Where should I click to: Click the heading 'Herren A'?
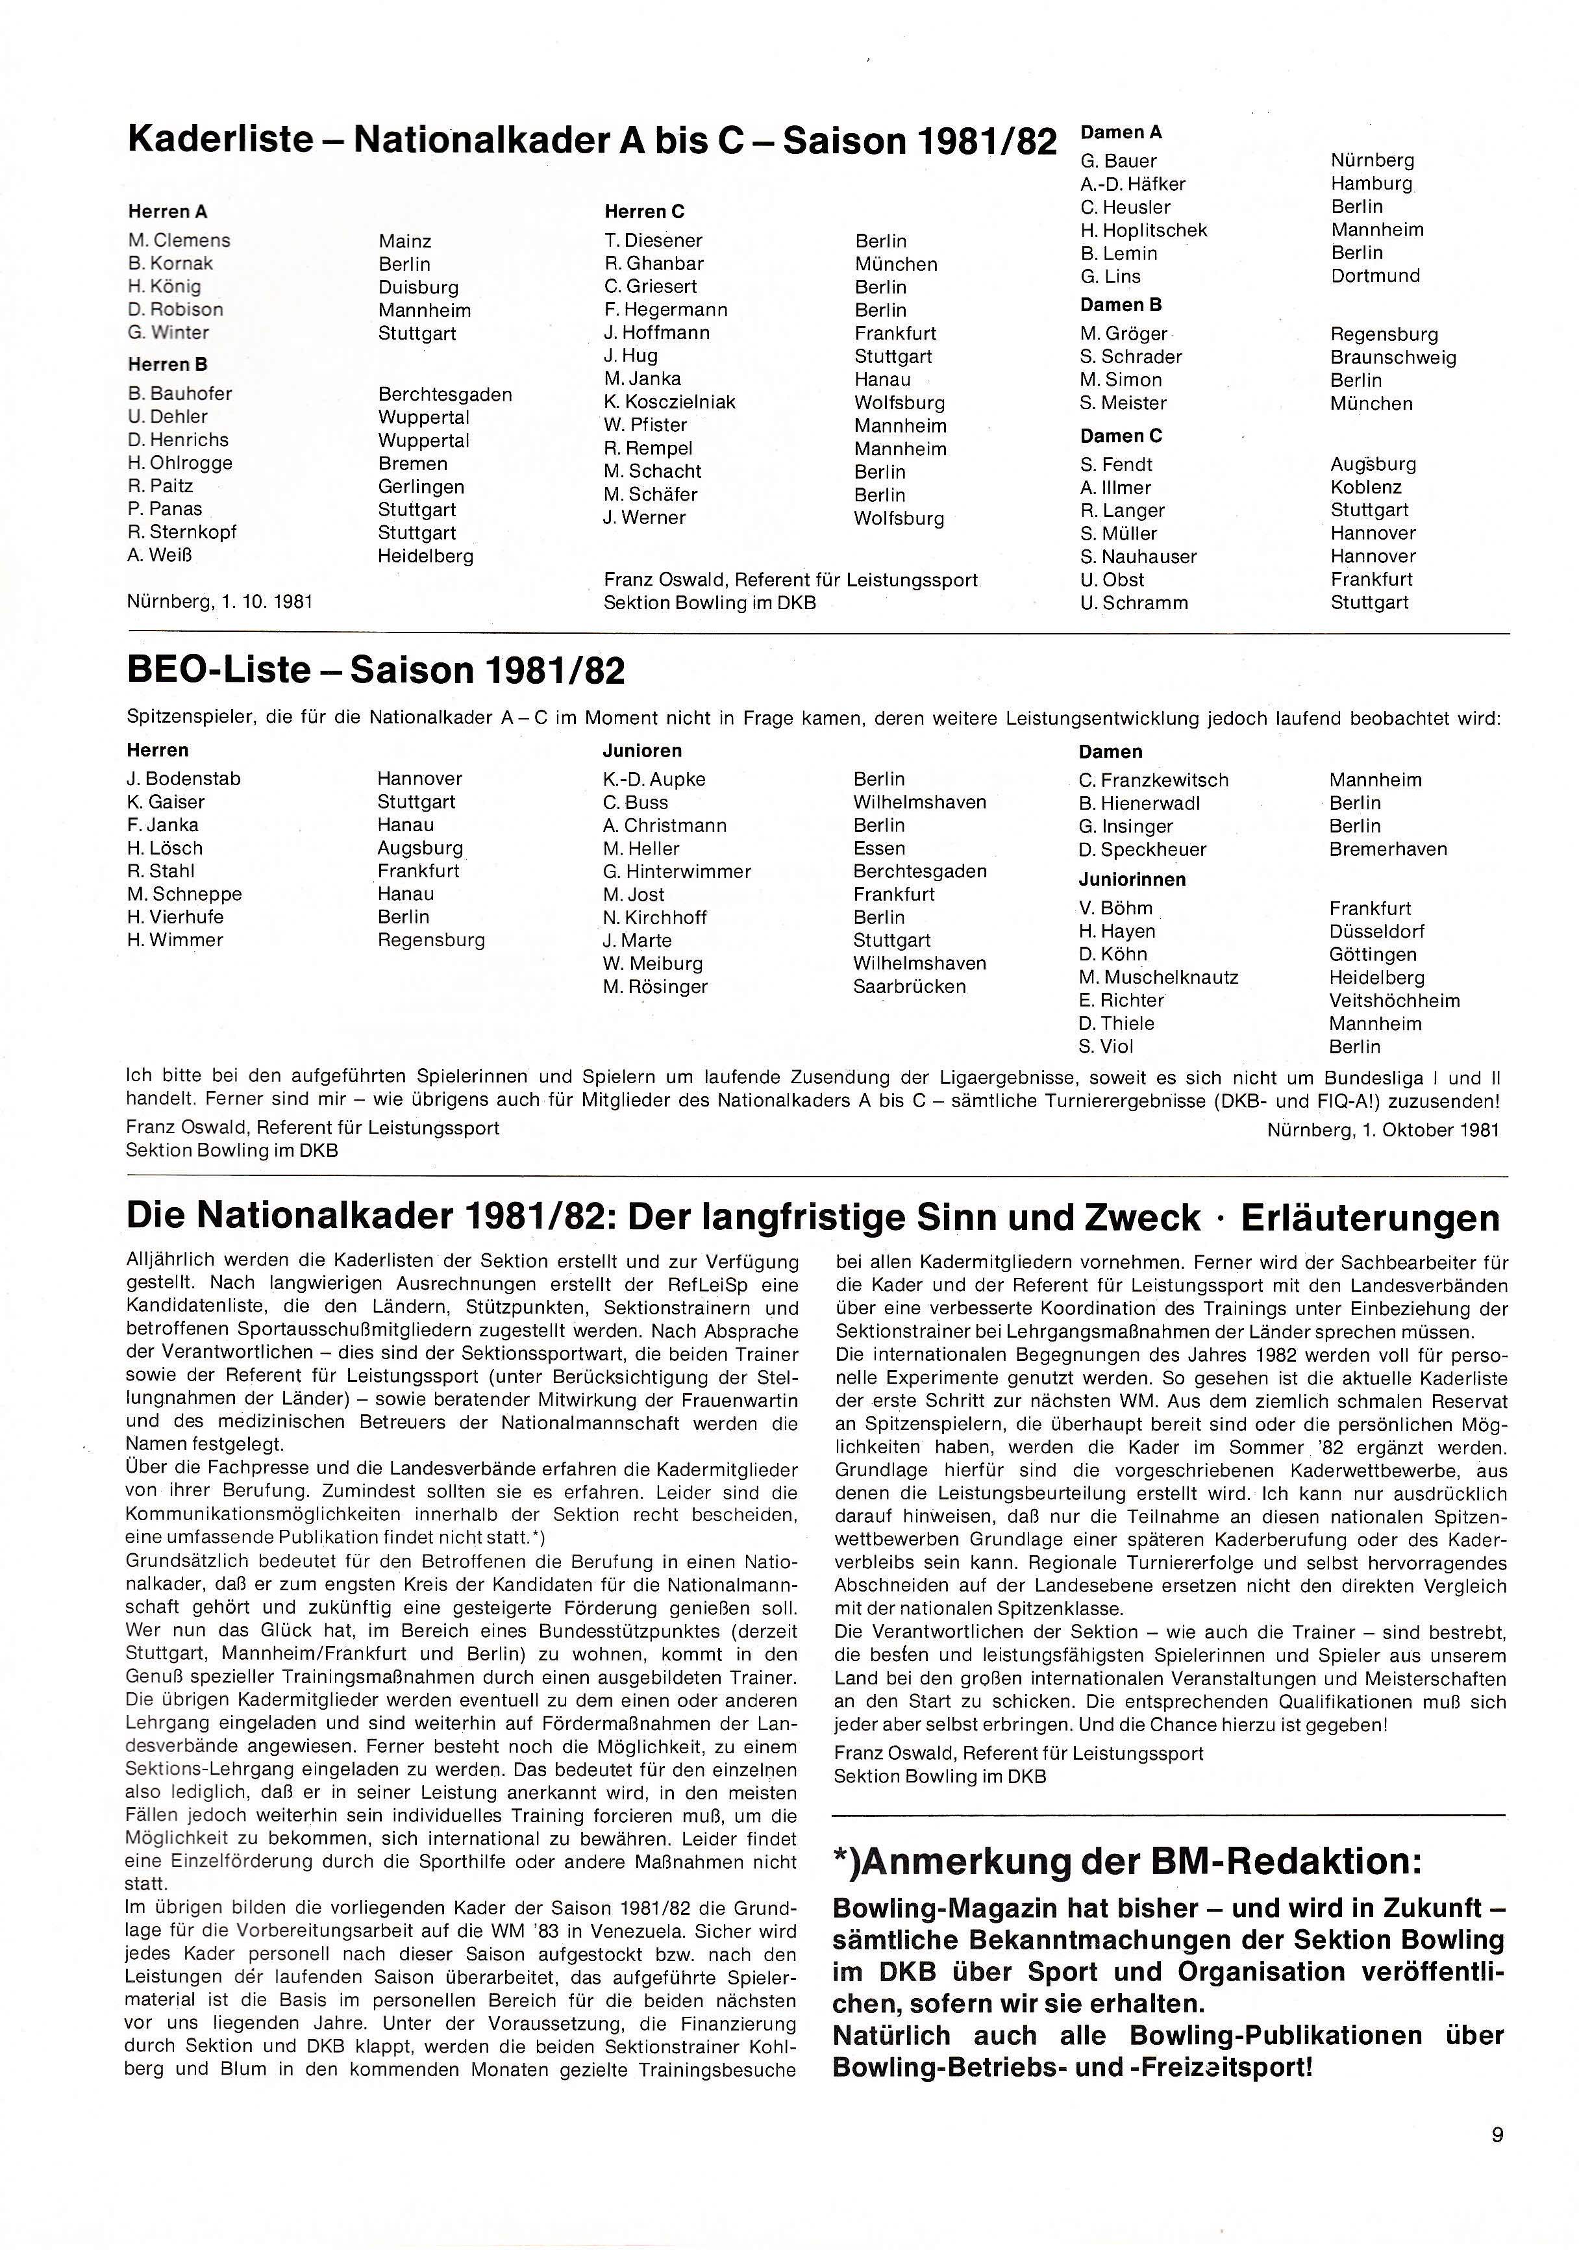168,212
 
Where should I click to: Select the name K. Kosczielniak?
669,402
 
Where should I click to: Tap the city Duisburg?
418,287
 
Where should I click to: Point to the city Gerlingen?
421,487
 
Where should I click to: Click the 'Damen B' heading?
1121,305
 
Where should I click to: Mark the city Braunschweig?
1393,358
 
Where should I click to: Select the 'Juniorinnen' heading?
1132,880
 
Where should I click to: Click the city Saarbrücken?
909,987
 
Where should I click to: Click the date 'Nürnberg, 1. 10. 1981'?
219,602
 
